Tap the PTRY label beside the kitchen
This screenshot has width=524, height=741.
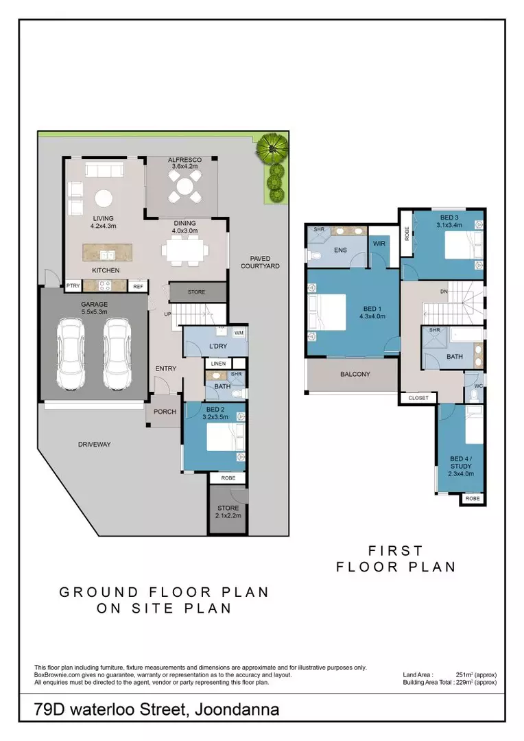(x=73, y=286)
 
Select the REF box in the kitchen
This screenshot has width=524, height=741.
(x=138, y=286)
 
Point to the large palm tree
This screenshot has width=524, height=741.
(x=272, y=148)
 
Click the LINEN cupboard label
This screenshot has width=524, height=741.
(x=218, y=364)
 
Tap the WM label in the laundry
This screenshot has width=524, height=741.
(x=239, y=333)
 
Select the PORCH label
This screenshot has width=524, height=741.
(x=165, y=412)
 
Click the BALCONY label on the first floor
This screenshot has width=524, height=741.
(x=355, y=375)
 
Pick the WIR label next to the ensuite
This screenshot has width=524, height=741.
(x=379, y=244)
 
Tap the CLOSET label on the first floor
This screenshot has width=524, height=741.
(x=418, y=398)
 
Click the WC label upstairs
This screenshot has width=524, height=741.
(x=478, y=386)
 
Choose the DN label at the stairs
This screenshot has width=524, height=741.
(x=444, y=292)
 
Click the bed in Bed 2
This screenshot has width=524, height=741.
(x=226, y=436)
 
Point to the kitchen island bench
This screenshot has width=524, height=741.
(x=107, y=252)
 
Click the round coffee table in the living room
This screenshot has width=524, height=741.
(x=104, y=198)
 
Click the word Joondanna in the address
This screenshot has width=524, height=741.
(x=237, y=709)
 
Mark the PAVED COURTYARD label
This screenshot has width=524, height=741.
(x=260, y=262)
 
